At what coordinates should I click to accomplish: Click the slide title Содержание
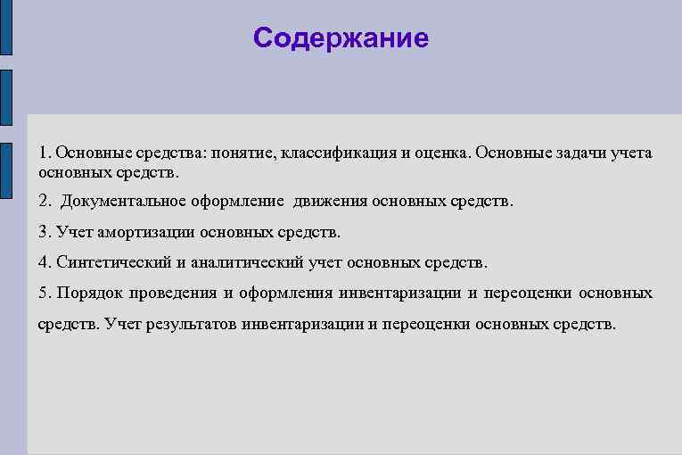point(341,38)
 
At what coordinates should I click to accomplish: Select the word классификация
point(338,153)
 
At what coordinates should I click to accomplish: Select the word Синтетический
point(115,262)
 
